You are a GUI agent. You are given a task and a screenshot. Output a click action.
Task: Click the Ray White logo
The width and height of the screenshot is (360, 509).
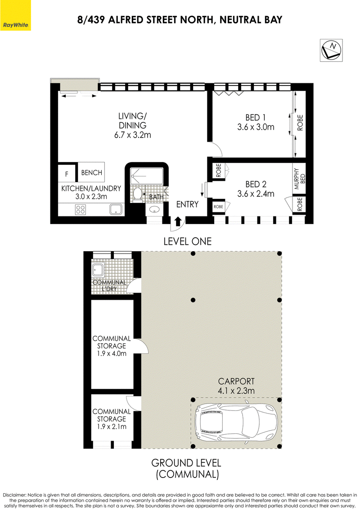15,15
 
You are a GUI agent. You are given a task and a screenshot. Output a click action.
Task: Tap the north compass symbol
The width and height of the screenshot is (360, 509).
331,50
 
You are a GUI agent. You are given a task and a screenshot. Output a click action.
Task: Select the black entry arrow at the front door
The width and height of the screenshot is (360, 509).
178,221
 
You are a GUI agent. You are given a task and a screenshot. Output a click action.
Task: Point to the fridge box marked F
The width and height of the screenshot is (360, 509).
67,173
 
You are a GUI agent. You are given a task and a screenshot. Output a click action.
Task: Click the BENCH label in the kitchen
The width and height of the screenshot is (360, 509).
91,173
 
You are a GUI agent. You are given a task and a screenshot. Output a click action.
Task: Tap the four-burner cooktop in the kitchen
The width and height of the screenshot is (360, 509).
81,209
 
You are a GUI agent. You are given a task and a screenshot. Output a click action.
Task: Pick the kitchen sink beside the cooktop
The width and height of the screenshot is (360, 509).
116,209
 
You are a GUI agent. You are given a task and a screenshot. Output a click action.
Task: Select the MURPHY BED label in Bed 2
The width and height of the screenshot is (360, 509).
299,179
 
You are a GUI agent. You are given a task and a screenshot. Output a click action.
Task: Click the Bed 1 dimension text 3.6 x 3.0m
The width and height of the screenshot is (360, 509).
256,127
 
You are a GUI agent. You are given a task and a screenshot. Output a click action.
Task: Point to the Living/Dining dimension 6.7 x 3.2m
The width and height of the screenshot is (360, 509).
132,135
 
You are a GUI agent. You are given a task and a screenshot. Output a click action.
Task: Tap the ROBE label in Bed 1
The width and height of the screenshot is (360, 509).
300,123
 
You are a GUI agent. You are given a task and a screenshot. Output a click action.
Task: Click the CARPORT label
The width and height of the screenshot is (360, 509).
236,381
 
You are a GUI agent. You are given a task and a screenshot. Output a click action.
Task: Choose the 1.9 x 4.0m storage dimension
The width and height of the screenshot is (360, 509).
111,353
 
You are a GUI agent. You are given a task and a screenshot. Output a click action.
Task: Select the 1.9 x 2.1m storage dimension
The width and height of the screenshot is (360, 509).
111,427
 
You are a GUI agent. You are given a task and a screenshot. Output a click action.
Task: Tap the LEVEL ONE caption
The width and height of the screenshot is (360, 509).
187,241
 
